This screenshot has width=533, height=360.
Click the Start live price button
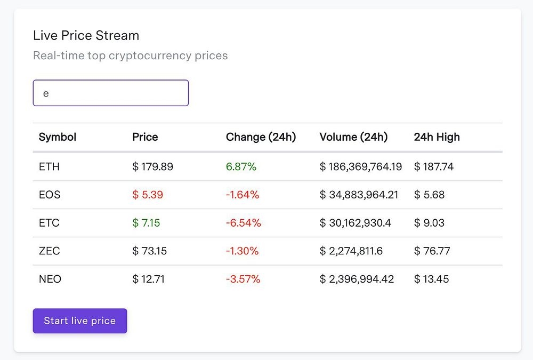click(80, 321)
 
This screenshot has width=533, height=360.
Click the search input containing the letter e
click(111, 93)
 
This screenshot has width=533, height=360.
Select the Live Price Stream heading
click(86, 36)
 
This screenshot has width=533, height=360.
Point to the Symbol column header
click(58, 137)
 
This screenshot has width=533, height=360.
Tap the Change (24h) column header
click(261, 137)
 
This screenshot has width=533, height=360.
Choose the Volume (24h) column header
click(353, 137)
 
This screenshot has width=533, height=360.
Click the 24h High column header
click(437, 137)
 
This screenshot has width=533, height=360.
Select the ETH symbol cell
click(49, 167)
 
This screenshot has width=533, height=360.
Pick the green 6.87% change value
click(241, 167)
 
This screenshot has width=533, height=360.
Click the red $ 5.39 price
click(148, 195)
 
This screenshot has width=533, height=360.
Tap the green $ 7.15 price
click(146, 223)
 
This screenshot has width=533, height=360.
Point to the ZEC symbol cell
click(49, 251)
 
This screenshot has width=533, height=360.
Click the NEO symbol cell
click(50, 279)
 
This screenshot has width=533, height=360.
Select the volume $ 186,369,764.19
click(361, 167)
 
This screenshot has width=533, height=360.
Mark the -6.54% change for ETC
click(244, 223)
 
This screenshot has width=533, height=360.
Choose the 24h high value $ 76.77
click(432, 251)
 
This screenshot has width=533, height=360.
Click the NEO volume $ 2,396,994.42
click(357, 279)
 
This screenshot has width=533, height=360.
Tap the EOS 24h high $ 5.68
click(429, 195)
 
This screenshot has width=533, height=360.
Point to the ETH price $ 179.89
click(152, 167)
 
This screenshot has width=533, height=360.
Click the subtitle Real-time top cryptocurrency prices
click(130, 55)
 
